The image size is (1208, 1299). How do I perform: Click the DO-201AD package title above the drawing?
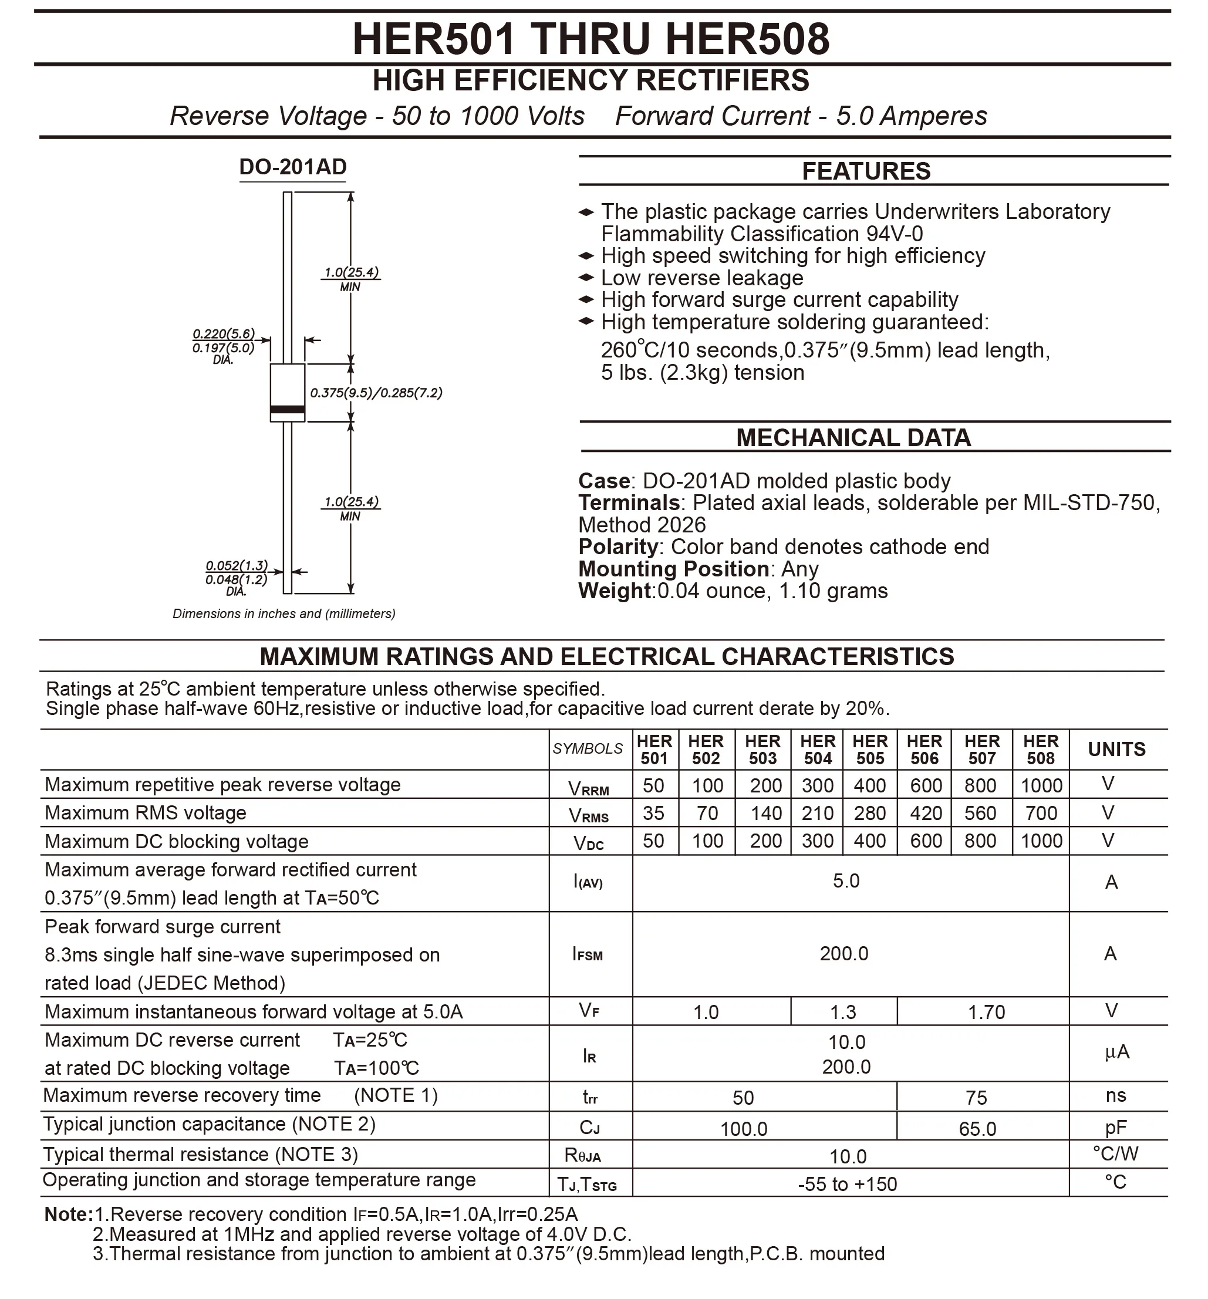click(x=293, y=167)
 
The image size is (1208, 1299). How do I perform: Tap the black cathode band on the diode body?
click(x=288, y=410)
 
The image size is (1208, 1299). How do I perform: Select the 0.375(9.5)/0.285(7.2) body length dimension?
click(x=376, y=393)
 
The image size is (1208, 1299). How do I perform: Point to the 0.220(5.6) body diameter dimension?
click(x=224, y=334)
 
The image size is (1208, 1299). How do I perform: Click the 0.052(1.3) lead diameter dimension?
click(x=237, y=565)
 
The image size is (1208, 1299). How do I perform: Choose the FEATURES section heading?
click(x=866, y=171)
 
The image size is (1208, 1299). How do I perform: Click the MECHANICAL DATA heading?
click(x=853, y=438)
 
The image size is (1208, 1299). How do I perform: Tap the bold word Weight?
click(x=615, y=591)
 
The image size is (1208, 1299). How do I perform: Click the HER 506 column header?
click(x=924, y=750)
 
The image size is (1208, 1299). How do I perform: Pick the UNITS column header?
click(x=1116, y=750)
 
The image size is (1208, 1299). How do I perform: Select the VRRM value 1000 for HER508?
click(x=1041, y=785)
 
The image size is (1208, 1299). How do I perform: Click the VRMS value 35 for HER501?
click(x=653, y=814)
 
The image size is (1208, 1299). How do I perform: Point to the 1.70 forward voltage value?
click(x=986, y=1012)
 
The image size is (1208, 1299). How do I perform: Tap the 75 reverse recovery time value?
click(x=976, y=1098)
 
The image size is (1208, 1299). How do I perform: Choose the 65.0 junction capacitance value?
click(x=977, y=1128)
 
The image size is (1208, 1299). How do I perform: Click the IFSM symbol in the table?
click(x=588, y=954)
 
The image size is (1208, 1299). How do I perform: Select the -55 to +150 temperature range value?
click(x=848, y=1184)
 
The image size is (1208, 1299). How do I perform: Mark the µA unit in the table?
click(x=1116, y=1052)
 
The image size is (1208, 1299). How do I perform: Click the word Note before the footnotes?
click(x=68, y=1214)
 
